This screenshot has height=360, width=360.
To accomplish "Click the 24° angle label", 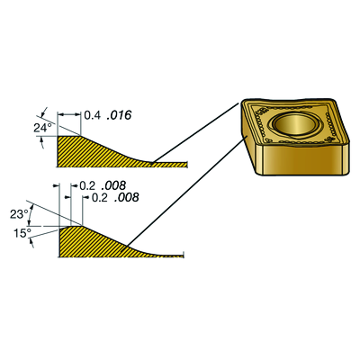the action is [x=43, y=129].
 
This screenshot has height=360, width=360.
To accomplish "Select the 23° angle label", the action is [x=20, y=214].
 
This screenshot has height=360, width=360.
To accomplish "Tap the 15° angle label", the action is [x=22, y=233].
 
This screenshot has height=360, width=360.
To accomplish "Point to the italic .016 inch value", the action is [x=119, y=115].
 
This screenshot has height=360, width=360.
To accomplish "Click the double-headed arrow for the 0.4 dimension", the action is [x=69, y=114].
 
